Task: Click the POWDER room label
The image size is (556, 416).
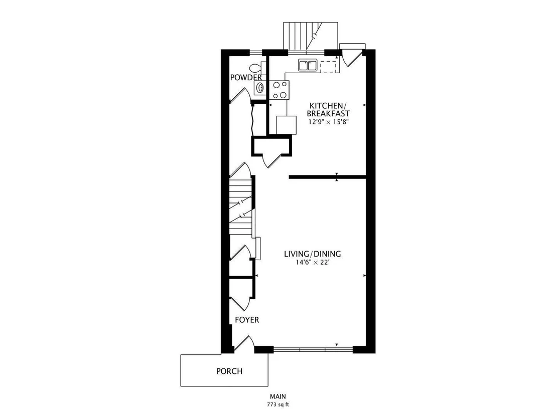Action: [246, 77]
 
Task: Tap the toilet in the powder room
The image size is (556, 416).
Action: [255, 67]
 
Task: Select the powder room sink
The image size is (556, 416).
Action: [260, 87]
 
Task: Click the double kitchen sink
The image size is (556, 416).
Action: [308, 66]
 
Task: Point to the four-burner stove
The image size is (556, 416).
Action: [280, 90]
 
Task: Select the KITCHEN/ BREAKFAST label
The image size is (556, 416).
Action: [328, 110]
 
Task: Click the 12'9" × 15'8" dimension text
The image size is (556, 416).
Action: [328, 122]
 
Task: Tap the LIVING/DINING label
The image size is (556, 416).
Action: [313, 254]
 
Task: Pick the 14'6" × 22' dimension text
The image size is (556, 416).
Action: [313, 263]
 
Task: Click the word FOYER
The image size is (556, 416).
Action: [247, 320]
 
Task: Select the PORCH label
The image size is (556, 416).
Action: [229, 371]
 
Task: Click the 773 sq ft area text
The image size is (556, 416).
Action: [278, 404]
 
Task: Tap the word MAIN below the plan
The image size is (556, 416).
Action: [278, 396]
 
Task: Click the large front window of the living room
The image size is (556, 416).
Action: [313, 350]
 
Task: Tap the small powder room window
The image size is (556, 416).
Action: [255, 53]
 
